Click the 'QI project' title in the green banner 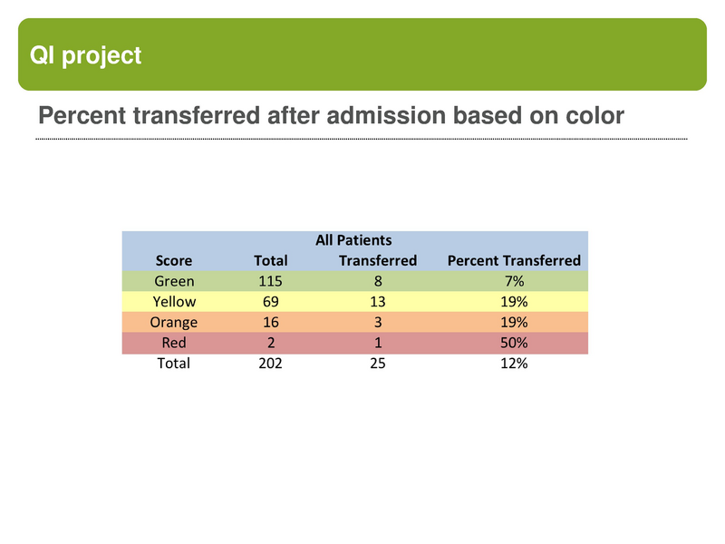pyautogui.click(x=86, y=55)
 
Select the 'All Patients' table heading pyautogui.click(x=353, y=240)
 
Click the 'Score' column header pyautogui.click(x=174, y=260)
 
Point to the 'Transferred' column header pyautogui.click(x=378, y=260)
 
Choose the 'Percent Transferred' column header pyautogui.click(x=514, y=260)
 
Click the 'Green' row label pyautogui.click(x=174, y=281)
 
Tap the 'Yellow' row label pyautogui.click(x=174, y=301)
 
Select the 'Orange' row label pyautogui.click(x=174, y=322)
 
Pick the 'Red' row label pyautogui.click(x=174, y=343)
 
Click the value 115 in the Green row pyautogui.click(x=271, y=281)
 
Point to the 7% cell pyautogui.click(x=514, y=281)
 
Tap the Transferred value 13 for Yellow pyautogui.click(x=378, y=301)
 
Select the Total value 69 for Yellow pyautogui.click(x=271, y=301)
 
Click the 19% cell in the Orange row pyautogui.click(x=514, y=322)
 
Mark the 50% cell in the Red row pyautogui.click(x=514, y=343)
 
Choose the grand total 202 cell pyautogui.click(x=271, y=363)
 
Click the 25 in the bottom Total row pyautogui.click(x=378, y=363)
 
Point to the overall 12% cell pyautogui.click(x=514, y=363)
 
